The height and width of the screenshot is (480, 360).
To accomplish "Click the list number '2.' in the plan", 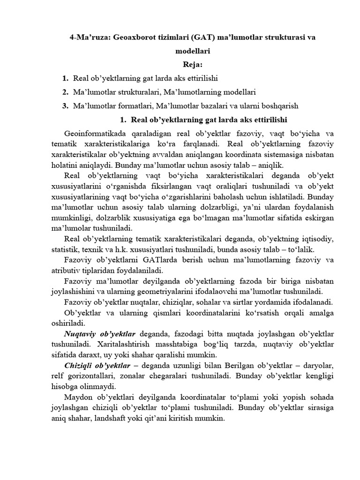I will point(66,91).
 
